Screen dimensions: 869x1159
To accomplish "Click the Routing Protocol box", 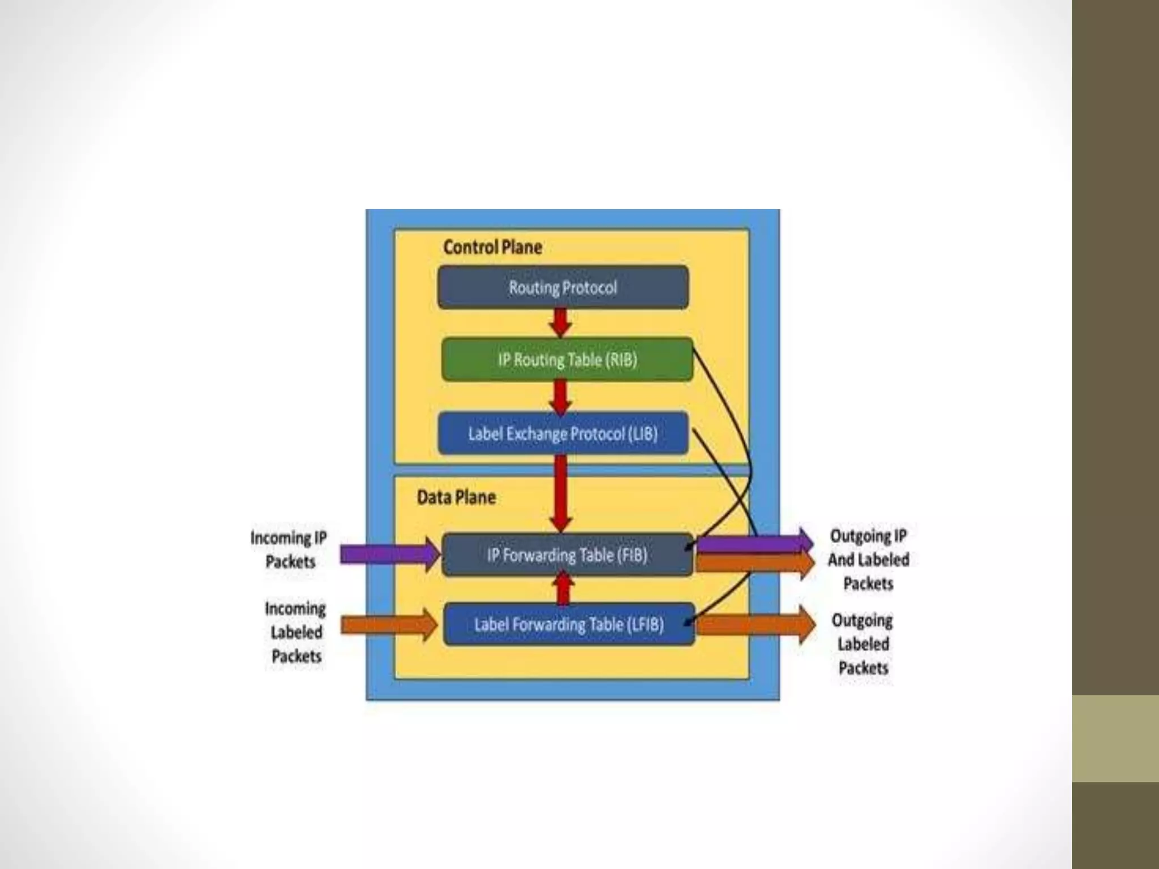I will coord(563,287).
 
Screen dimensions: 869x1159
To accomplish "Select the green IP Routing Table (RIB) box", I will coord(567,360).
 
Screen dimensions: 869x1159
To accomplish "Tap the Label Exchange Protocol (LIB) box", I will coord(563,434).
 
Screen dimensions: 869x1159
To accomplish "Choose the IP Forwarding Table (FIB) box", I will coord(567,555).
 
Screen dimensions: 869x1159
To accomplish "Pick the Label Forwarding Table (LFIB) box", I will coord(569,625).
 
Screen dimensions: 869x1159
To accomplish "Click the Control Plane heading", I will coord(492,247).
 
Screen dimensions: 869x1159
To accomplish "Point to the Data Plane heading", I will coord(456,497).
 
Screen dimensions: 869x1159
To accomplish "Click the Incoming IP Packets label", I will coord(289,549).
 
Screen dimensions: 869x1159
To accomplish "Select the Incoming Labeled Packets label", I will coord(295,632).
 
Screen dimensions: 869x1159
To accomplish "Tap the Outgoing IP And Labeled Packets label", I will coord(868,560).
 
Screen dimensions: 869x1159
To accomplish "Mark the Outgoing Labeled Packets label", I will coord(863,644).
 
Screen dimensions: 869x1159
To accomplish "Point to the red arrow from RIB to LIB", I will coord(560,396).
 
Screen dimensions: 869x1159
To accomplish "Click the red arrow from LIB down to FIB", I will coord(560,492).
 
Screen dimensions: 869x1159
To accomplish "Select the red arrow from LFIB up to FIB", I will coord(563,588).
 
